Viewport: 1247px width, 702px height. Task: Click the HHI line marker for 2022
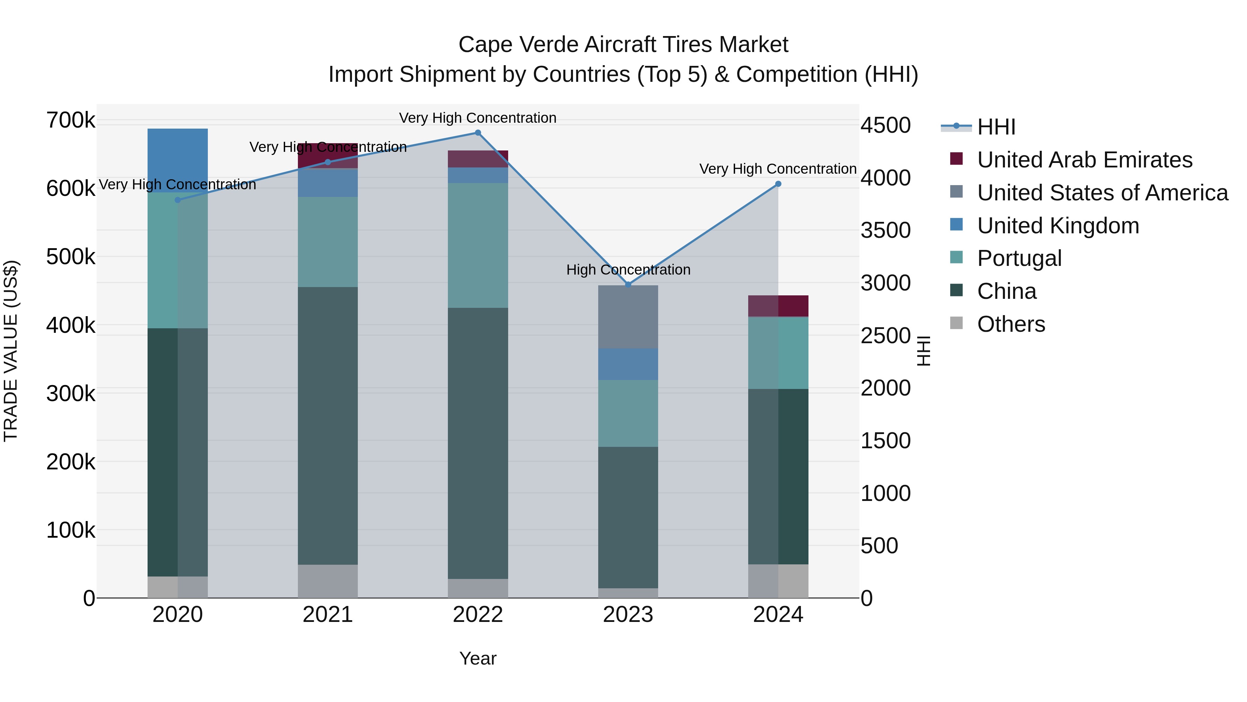click(478, 133)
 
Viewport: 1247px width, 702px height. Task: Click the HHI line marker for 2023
click(628, 284)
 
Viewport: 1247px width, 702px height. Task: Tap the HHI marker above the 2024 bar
click(778, 184)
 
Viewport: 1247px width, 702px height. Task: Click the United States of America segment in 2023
click(628, 317)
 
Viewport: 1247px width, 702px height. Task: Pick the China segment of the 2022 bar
click(478, 443)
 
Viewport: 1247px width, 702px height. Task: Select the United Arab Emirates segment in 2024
click(778, 306)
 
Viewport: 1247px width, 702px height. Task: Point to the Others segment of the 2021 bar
click(328, 581)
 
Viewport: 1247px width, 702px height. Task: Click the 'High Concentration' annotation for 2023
click(628, 270)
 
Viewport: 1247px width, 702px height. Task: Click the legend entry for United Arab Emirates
click(1084, 160)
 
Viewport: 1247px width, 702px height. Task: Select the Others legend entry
click(1010, 324)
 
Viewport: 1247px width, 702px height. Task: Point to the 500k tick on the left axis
click(71, 257)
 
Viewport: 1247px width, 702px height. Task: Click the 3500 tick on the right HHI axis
click(885, 230)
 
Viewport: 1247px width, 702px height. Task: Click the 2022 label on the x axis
click(478, 615)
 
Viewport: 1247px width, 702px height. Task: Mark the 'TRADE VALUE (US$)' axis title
click(11, 351)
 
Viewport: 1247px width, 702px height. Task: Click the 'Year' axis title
click(478, 658)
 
